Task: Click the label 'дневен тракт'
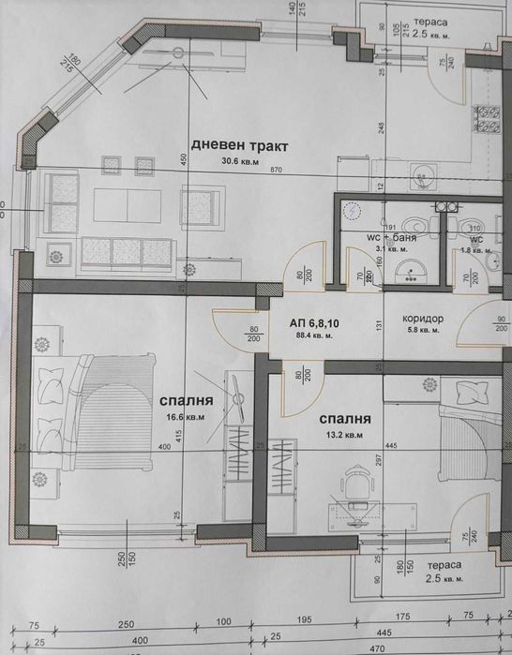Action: pos(238,145)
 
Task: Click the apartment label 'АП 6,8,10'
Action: pos(316,322)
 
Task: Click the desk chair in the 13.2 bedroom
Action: pos(354,482)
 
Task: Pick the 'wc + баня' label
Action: pos(391,238)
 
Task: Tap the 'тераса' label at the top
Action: pos(431,21)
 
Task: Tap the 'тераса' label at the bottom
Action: pos(441,567)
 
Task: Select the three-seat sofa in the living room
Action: pos(127,251)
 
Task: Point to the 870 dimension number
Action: pos(275,171)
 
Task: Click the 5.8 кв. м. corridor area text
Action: pos(423,330)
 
